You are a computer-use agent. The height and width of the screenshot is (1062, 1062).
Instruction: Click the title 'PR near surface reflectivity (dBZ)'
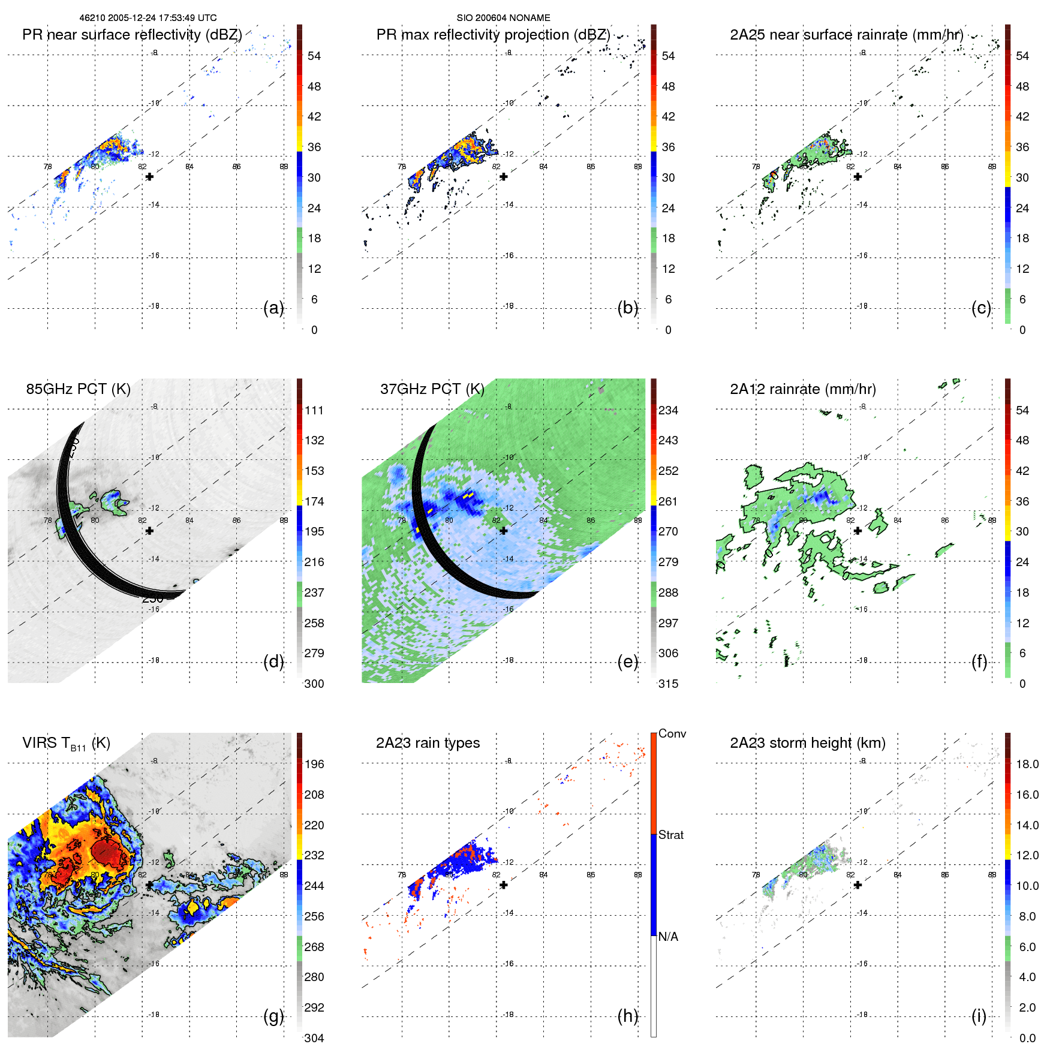[132, 35]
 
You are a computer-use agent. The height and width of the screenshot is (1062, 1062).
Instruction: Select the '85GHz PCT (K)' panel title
[78, 389]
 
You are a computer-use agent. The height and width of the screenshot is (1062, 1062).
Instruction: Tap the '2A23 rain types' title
[428, 743]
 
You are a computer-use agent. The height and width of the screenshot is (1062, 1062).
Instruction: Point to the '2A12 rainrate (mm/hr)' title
[802, 389]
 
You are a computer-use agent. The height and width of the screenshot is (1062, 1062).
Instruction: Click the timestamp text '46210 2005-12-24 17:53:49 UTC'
[148, 18]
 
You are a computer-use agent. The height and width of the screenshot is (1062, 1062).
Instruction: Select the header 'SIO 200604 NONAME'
[503, 18]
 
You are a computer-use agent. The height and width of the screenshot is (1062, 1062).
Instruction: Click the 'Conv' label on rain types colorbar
[672, 734]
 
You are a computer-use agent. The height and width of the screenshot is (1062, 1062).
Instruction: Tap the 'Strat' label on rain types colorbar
[670, 835]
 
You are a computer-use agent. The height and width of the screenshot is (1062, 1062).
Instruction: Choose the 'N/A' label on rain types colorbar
[668, 937]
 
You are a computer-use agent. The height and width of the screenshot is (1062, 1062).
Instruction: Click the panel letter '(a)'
[273, 308]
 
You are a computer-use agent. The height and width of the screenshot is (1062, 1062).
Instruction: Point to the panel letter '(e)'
[627, 661]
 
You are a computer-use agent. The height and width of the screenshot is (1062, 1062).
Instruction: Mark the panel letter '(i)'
[979, 1016]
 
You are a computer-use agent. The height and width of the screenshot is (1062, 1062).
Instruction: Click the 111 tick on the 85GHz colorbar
[314, 410]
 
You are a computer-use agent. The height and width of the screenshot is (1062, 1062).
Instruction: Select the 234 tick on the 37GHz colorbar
[668, 410]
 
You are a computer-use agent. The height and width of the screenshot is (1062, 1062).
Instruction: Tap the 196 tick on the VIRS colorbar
[314, 764]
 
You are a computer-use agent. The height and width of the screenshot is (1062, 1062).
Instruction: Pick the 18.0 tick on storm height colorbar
[1027, 764]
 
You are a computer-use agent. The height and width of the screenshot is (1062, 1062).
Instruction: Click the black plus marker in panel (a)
[149, 177]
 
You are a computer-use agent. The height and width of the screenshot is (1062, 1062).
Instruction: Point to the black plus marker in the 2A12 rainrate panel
[858, 531]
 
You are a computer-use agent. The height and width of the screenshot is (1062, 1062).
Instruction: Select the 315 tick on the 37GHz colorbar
[668, 684]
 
